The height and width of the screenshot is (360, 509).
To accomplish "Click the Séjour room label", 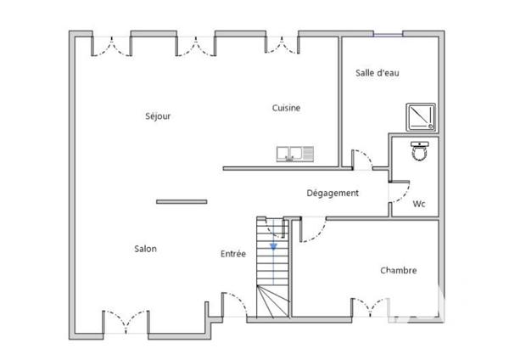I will (x=158, y=116).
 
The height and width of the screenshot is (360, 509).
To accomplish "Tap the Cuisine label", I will (x=286, y=108).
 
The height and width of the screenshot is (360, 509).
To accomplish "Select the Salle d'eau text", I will (x=377, y=73).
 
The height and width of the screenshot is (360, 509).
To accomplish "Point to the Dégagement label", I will (x=333, y=194).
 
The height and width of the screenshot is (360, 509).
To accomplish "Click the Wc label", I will (x=418, y=205).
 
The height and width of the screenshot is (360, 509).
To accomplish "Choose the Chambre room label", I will (x=398, y=271).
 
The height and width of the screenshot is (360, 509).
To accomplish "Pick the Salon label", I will (x=145, y=249).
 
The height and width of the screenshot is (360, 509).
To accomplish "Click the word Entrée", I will (x=233, y=254).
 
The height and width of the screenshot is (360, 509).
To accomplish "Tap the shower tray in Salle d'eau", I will (x=421, y=116).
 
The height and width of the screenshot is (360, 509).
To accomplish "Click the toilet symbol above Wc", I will (x=419, y=151).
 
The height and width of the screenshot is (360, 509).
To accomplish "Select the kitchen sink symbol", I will (x=294, y=154).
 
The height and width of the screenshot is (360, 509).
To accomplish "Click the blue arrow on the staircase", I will (x=273, y=245).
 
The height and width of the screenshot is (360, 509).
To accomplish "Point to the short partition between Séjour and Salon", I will (x=182, y=201).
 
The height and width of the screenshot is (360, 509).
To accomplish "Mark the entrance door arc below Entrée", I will (x=235, y=302).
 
